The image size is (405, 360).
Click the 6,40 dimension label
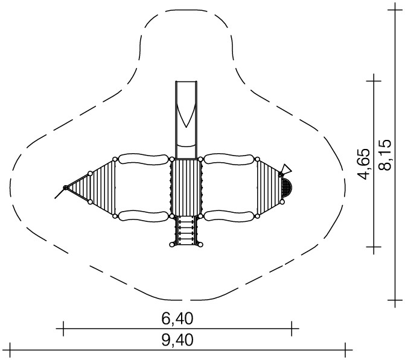tap(177, 319)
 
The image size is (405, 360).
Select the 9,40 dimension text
tap(177, 340)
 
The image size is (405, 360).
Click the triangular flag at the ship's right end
tap(286, 169)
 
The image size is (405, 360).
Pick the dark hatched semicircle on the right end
tap(287, 188)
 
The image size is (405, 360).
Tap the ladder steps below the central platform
tap(186, 230)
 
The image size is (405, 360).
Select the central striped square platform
tap(186, 188)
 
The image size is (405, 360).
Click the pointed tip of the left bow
tap(65, 188)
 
